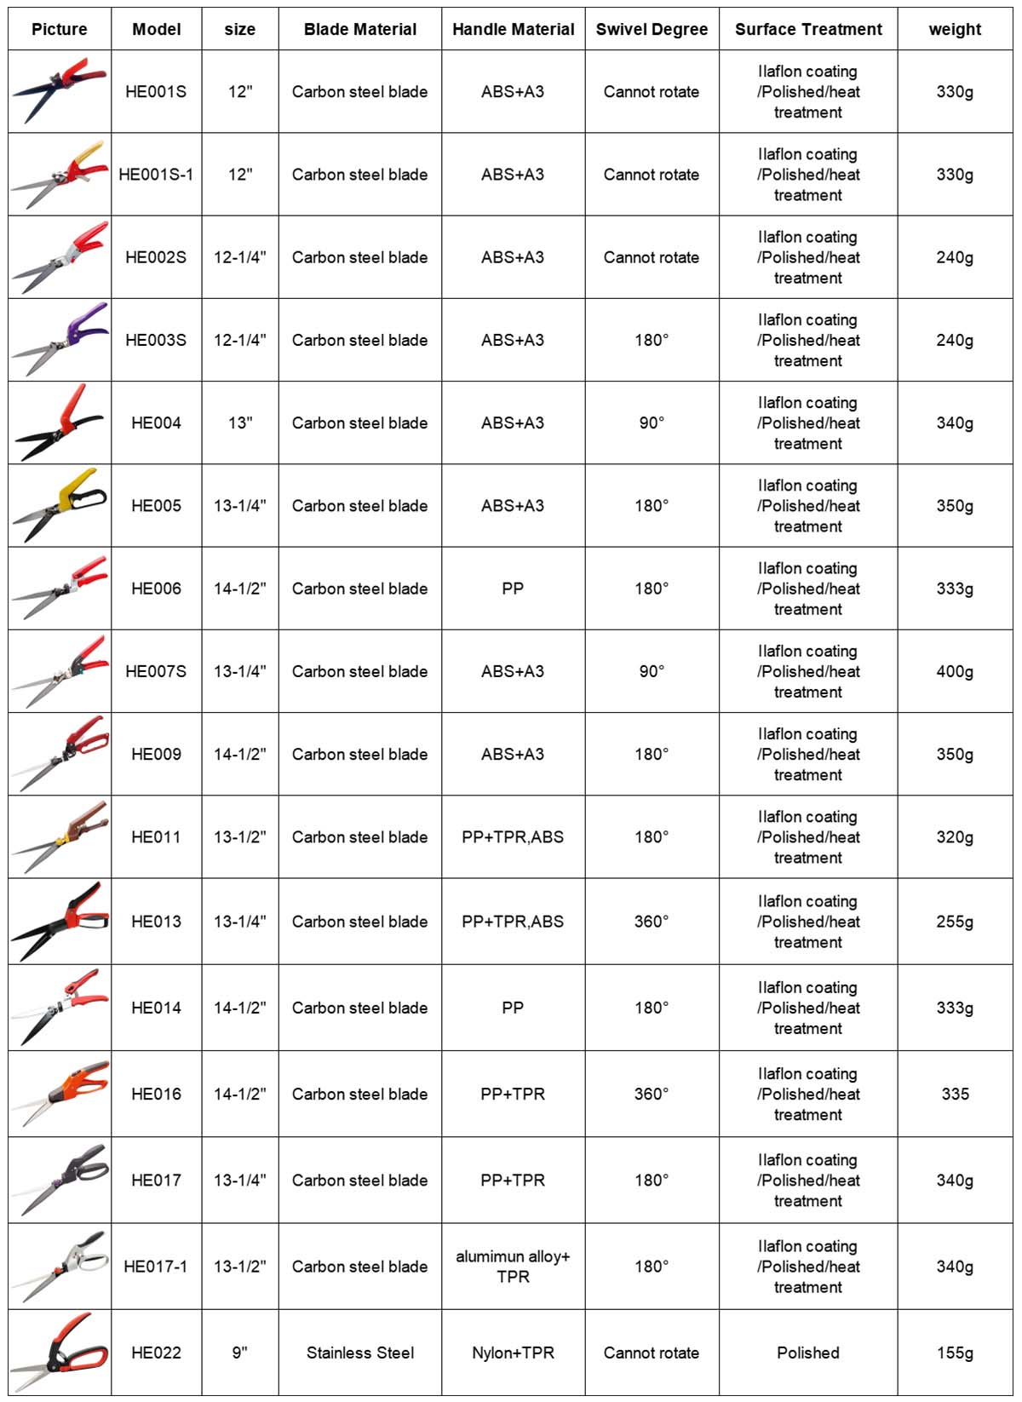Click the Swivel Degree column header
(x=652, y=29)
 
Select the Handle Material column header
(x=513, y=29)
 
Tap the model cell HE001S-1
(x=156, y=175)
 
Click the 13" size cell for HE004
(x=240, y=422)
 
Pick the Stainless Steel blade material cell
(x=360, y=1353)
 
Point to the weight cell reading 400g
(x=955, y=671)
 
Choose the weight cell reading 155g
(x=955, y=1353)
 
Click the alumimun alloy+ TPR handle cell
(x=513, y=1267)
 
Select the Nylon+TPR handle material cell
(x=513, y=1353)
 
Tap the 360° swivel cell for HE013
(x=652, y=922)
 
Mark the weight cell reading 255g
(x=955, y=922)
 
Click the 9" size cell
(x=240, y=1353)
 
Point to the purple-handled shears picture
(x=60, y=339)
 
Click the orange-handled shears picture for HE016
(x=60, y=1094)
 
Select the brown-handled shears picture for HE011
(x=60, y=836)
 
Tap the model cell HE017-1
(x=156, y=1267)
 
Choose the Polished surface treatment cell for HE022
(x=808, y=1353)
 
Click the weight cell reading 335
(x=955, y=1094)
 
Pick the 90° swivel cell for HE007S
(x=652, y=671)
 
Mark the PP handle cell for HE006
(x=513, y=589)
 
